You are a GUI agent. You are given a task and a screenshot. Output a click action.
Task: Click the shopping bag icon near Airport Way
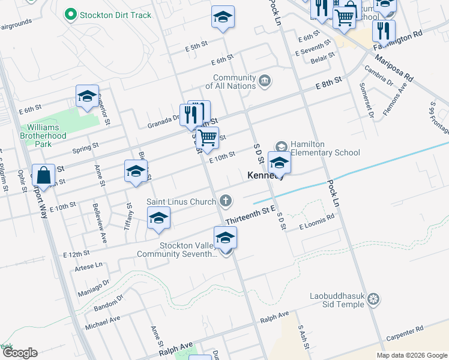[x=44, y=175]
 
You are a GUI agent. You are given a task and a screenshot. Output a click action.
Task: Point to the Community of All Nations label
[x=235, y=82]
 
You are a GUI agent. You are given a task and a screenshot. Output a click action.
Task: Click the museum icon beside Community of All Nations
[x=265, y=80]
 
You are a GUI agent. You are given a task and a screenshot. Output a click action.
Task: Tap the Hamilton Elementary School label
[x=325, y=148]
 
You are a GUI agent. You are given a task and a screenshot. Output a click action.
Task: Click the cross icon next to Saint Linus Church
[x=226, y=200]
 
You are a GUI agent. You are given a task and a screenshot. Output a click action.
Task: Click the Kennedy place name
[x=265, y=176]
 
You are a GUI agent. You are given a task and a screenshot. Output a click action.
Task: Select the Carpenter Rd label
[x=405, y=330]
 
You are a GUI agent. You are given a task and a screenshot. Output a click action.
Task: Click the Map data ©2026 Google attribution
[x=411, y=355]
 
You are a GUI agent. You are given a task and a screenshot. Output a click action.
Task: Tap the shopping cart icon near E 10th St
[x=208, y=137]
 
